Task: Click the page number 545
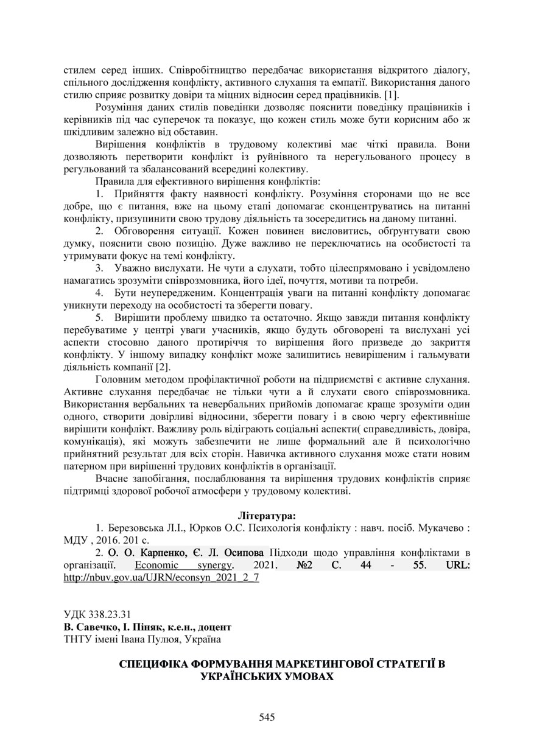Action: (267, 717)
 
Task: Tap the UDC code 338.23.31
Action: (110, 614)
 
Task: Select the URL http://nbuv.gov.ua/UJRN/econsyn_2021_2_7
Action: (161, 577)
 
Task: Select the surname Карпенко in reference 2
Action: (145, 553)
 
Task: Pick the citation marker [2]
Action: (163, 367)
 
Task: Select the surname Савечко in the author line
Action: (94, 627)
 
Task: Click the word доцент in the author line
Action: (216, 627)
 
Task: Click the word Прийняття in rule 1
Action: (139, 194)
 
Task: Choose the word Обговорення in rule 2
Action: (143, 231)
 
